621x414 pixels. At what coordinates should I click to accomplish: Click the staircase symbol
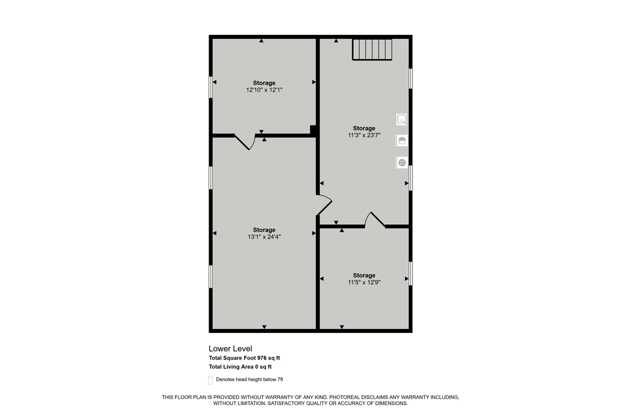372,50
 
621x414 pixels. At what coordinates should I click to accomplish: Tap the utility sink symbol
402,119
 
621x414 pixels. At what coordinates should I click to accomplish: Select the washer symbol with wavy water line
402,141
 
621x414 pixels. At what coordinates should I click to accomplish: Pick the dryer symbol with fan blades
402,162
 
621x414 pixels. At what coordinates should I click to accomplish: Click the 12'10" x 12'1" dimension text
264,90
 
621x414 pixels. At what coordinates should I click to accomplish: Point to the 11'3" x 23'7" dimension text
364,135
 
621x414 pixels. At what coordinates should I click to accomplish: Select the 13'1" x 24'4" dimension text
264,237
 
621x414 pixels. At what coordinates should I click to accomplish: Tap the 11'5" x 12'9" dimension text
364,282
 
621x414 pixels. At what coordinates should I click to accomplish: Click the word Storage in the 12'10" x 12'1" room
264,83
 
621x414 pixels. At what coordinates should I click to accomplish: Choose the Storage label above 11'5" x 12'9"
364,275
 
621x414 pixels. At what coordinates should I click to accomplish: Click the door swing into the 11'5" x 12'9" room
375,220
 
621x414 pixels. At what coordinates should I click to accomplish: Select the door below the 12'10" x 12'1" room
245,142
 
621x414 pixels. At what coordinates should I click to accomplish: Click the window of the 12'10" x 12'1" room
211,87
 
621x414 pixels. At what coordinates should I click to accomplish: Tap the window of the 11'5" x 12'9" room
410,274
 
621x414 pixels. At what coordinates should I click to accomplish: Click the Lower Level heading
230,348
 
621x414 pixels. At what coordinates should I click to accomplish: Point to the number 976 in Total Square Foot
262,358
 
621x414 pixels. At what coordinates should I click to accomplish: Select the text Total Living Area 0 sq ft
240,367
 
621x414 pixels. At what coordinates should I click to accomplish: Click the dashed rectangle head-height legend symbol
211,380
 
